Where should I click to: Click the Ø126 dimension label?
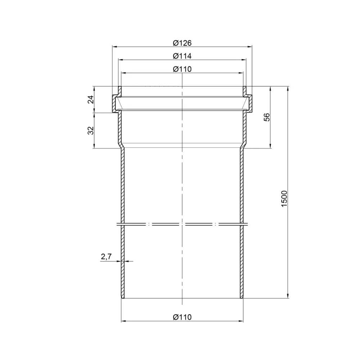pos(182,43)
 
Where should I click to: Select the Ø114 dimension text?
pos(182,56)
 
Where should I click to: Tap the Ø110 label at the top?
pos(182,69)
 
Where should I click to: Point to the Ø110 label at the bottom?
pos(182,317)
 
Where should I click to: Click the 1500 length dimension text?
pos(284,199)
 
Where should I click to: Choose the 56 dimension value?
pos(267,117)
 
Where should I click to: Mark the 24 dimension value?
pos(91,99)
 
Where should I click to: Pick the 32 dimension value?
pos(91,130)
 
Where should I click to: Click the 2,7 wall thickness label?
pos(106,256)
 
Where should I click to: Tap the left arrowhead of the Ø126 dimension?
pos(114,46)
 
